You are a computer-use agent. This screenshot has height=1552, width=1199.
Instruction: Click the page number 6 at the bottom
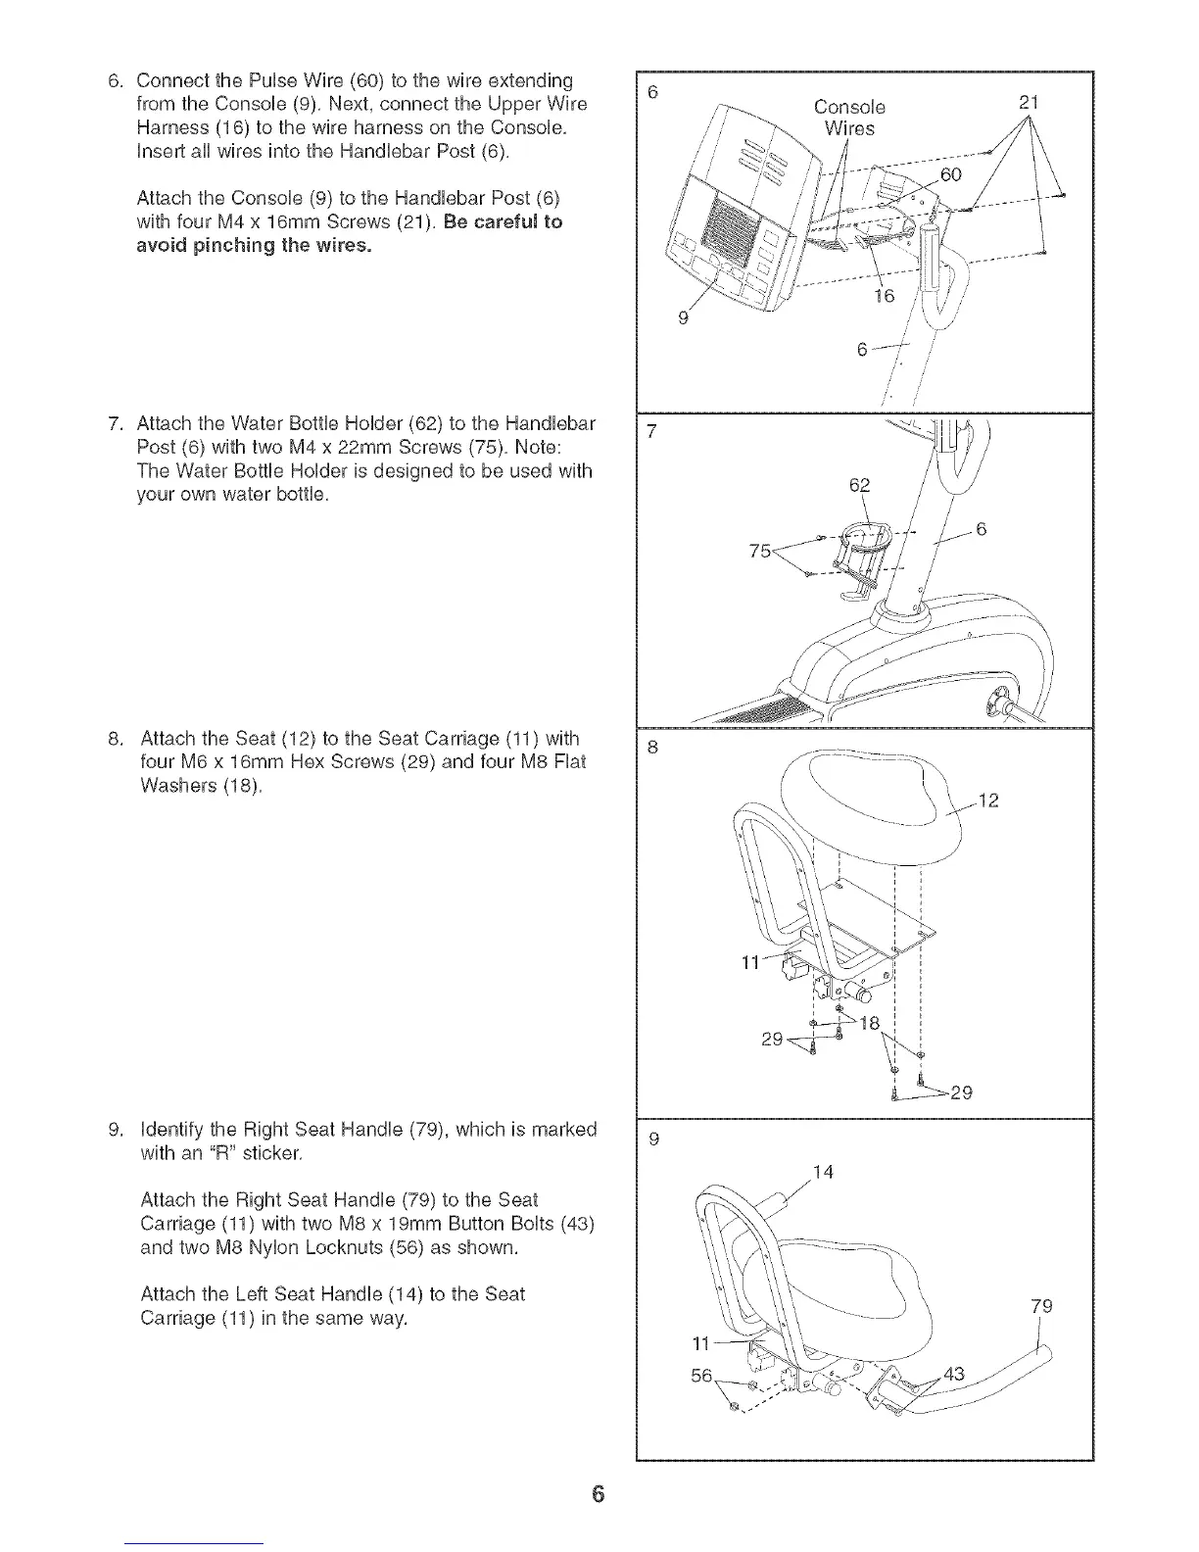tap(599, 1495)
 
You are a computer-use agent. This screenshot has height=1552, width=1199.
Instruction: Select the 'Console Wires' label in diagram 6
tap(849, 117)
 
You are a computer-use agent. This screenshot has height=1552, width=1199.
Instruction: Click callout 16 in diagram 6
tap(884, 295)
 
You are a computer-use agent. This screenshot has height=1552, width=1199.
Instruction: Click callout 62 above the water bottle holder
tap(859, 485)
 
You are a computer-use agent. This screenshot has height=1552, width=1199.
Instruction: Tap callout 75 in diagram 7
tap(759, 551)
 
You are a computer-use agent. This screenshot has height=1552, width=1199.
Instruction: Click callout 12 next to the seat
tap(987, 801)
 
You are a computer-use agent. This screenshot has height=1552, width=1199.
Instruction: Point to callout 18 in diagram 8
tap(870, 1024)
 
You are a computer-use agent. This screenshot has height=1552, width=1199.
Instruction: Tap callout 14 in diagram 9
tap(824, 1171)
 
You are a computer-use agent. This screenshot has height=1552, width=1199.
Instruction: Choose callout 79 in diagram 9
tap(1042, 1305)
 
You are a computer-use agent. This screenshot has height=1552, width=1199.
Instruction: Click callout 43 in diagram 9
tap(953, 1374)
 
